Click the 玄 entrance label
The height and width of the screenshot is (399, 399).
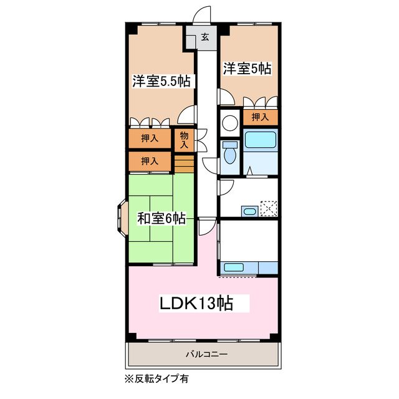coord(204,37)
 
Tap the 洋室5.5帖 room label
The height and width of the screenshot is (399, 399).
coord(161,81)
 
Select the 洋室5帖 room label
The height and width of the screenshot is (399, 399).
coord(247,68)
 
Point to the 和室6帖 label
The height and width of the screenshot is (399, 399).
coord(161,218)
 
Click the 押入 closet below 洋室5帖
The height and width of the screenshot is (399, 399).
coord(260,117)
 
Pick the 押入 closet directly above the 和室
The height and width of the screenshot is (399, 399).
coord(149,161)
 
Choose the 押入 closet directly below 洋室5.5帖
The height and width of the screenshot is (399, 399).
coord(149,138)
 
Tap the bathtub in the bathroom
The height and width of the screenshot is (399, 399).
coord(261,140)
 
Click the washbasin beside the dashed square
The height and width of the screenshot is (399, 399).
coord(249,211)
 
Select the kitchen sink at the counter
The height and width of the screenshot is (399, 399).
coord(233,268)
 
